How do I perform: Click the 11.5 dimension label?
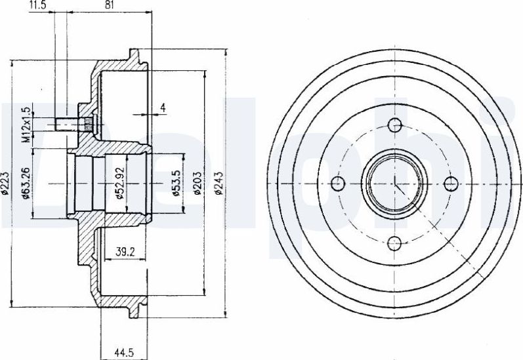click(x=38, y=5)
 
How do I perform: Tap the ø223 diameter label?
click(x=5, y=184)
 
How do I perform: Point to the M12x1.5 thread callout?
click(x=26, y=125)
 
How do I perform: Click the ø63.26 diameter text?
click(x=26, y=184)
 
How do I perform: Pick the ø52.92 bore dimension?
click(x=120, y=184)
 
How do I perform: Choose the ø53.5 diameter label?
click(x=177, y=183)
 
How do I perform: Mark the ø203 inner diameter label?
click(x=198, y=184)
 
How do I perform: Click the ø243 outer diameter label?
click(x=219, y=184)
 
